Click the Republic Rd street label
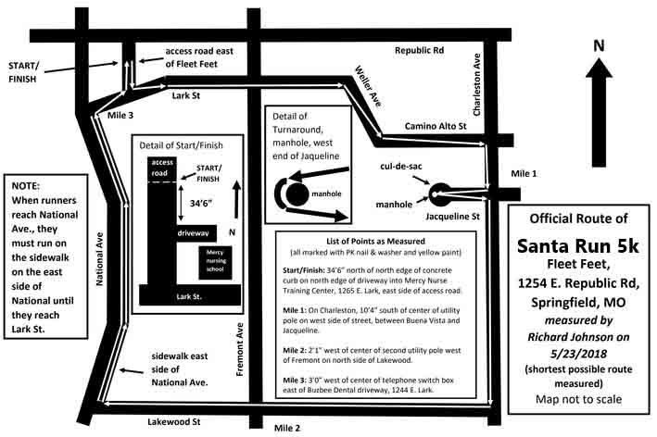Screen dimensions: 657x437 (419, 50)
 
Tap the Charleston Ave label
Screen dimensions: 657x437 (476, 84)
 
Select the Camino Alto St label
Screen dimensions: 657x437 (436, 126)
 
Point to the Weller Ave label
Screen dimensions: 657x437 (368, 86)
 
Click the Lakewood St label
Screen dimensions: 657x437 (174, 421)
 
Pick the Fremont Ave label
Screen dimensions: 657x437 (240, 349)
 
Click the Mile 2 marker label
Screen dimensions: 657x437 (287, 428)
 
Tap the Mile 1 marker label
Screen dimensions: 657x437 (524, 173)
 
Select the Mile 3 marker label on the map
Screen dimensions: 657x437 (120, 115)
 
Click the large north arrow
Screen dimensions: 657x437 (599, 112)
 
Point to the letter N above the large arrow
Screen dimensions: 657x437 (599, 45)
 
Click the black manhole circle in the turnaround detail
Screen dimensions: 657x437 (297, 194)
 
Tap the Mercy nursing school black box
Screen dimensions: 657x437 (215, 262)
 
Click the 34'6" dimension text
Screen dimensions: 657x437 (201, 204)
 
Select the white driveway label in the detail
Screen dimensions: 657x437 (193, 232)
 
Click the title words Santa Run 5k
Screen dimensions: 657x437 (578, 245)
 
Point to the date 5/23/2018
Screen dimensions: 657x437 (578, 354)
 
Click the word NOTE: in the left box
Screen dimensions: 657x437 (26, 186)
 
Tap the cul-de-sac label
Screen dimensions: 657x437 (401, 166)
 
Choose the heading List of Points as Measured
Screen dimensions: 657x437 (375, 241)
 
